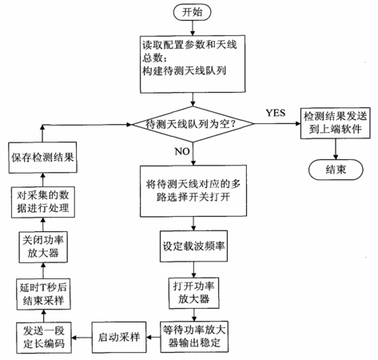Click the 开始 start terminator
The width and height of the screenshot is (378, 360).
(192, 12)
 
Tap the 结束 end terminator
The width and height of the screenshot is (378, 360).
(336, 170)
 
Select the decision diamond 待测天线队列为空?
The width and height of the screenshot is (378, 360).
(193, 124)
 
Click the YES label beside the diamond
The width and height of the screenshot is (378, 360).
(276, 113)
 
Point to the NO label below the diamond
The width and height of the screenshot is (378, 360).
(182, 151)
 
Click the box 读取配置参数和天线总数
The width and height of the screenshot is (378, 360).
(193, 64)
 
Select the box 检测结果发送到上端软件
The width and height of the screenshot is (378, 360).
(336, 123)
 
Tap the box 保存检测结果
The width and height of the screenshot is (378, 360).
(42, 158)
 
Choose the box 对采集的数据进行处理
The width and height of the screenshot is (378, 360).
(43, 202)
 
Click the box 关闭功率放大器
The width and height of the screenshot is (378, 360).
(43, 247)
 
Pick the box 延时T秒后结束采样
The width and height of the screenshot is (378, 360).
(43, 294)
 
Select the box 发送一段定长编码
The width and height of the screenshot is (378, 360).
(44, 338)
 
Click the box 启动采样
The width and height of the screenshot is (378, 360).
(119, 338)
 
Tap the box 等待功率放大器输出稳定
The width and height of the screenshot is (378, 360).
(194, 337)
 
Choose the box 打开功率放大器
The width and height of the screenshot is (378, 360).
(193, 294)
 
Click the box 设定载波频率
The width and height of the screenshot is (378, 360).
(193, 246)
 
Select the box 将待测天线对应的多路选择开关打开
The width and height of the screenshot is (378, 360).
(193, 191)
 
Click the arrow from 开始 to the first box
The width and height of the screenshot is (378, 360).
(193, 28)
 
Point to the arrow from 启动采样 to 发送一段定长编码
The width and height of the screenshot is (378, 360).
(82, 338)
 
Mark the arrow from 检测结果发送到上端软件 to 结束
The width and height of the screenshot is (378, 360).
(336, 149)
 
